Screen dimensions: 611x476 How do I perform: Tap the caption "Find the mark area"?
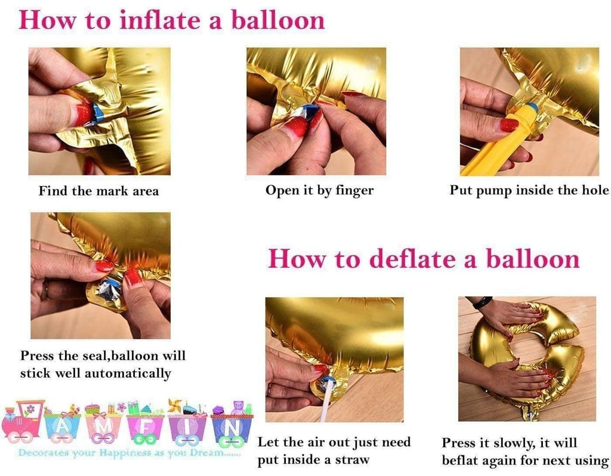(x=98, y=191)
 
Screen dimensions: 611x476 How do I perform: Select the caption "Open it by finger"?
(x=320, y=190)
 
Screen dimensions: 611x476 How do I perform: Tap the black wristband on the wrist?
(x=482, y=302)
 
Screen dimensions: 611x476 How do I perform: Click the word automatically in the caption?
(x=128, y=373)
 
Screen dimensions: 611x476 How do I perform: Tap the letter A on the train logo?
(x=62, y=427)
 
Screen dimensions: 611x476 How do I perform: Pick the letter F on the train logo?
(x=145, y=428)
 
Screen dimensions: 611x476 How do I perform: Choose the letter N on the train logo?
(x=232, y=428)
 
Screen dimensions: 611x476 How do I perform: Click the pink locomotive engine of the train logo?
(x=22, y=422)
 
